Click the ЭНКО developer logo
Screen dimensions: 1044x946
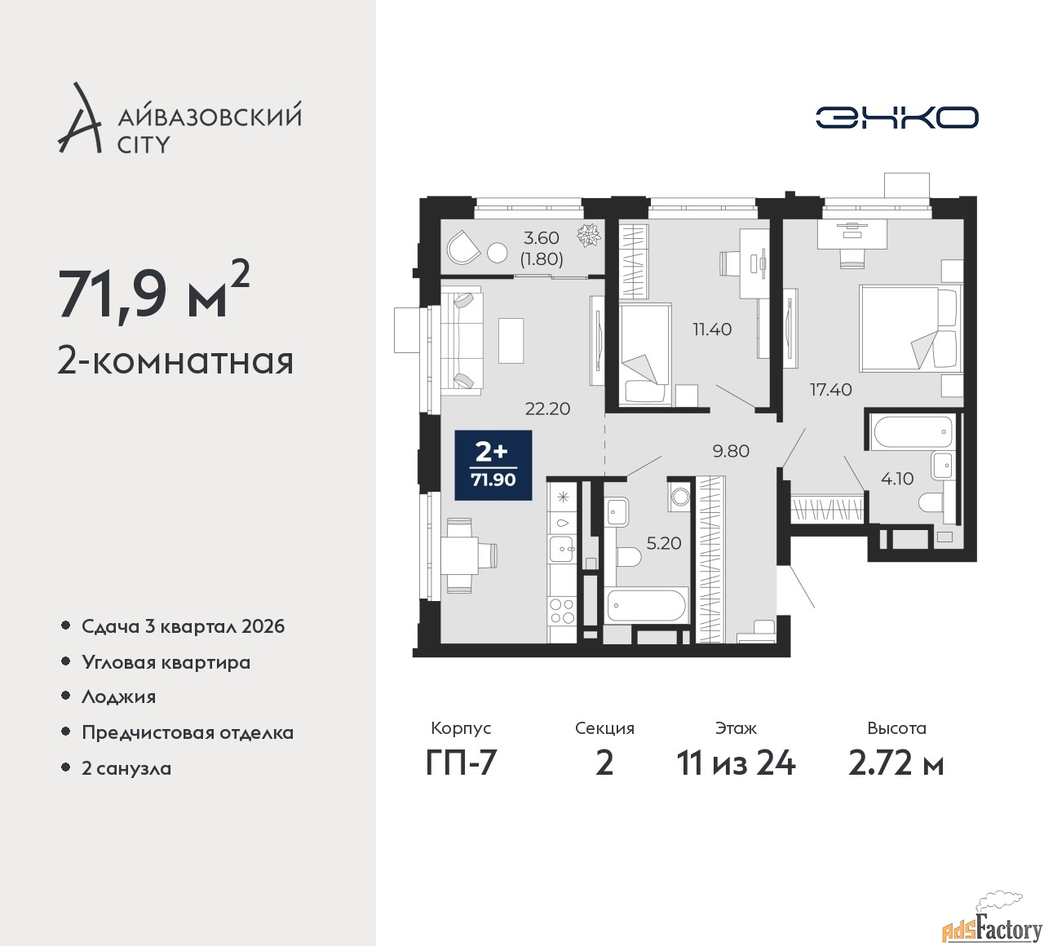point(896,117)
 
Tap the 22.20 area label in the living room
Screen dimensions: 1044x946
point(547,409)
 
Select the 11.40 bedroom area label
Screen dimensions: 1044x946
point(711,329)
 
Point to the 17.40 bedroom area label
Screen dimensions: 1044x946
point(830,389)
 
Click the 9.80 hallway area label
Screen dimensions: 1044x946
point(731,451)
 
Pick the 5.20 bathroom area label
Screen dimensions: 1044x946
point(664,543)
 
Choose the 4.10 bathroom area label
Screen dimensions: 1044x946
point(896,478)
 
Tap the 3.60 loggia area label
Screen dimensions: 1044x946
point(542,238)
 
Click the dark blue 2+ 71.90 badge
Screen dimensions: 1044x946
point(493,465)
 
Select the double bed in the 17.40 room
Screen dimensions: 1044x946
point(908,328)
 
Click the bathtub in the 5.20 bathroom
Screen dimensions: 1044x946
point(648,605)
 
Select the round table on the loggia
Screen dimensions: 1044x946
point(497,253)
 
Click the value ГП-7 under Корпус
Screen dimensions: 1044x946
point(461,764)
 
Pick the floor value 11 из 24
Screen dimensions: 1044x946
point(736,764)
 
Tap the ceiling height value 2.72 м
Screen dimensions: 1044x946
point(896,764)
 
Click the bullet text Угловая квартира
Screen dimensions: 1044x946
point(166,662)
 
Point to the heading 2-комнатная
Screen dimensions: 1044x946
point(175,361)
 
